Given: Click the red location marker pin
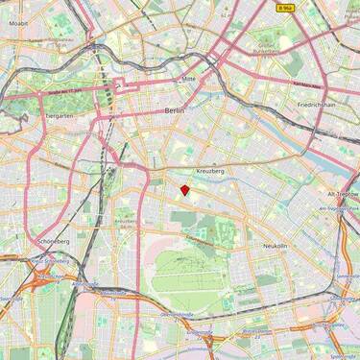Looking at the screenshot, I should pos(184,189).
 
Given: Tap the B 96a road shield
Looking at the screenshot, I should pos(284,7).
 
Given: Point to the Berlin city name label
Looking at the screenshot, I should pos(174,111).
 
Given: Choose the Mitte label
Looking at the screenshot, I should pos(188,78).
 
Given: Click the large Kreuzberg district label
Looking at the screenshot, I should pos(209,170).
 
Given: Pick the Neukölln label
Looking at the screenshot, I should pos(275,246).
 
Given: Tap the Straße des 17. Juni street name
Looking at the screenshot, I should pos(63,89).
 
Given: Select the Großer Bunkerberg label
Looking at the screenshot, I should pos(266,44).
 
